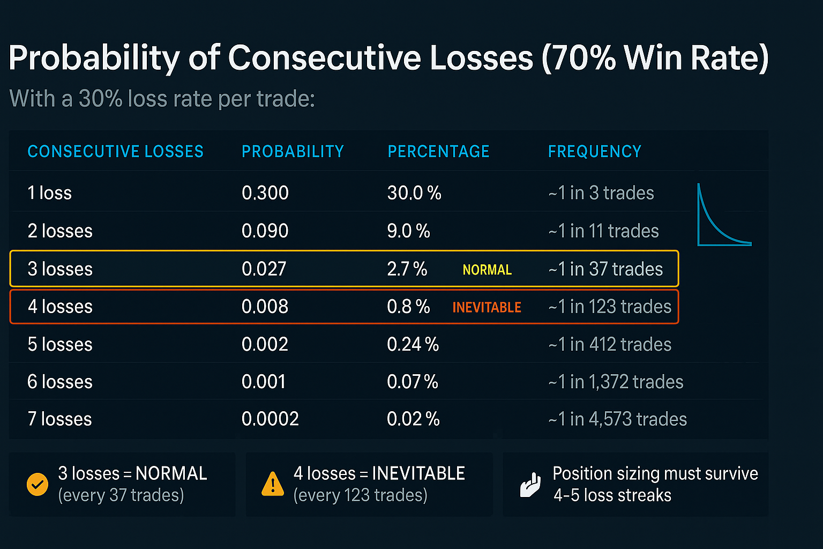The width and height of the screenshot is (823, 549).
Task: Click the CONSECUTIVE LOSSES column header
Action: [115, 152]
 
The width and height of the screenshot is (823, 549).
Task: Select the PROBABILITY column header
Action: [293, 152]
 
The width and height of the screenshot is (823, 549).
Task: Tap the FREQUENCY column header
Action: [594, 152]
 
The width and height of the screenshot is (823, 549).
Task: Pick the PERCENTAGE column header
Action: [438, 152]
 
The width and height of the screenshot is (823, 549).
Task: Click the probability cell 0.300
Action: [265, 193]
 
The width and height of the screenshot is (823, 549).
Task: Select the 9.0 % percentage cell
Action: [408, 231]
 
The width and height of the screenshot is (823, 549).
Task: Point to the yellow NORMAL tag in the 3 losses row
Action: [487, 270]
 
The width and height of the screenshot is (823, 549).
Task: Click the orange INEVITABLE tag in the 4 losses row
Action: [487, 307]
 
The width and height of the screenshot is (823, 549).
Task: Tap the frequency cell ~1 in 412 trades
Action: [610, 344]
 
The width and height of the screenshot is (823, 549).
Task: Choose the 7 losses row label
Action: [59, 419]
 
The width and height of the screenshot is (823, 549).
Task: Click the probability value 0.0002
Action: [270, 419]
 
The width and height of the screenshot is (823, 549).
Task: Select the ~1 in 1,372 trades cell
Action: [616, 382]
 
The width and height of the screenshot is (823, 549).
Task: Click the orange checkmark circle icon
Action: [38, 485]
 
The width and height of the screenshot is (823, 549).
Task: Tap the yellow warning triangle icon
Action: [273, 484]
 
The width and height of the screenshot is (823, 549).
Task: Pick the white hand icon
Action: [530, 485]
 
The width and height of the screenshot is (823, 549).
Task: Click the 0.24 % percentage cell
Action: [413, 344]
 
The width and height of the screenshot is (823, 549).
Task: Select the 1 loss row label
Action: [49, 193]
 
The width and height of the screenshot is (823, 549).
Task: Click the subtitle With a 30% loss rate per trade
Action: [162, 99]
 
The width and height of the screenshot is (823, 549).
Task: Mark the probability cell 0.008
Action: [265, 307]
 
